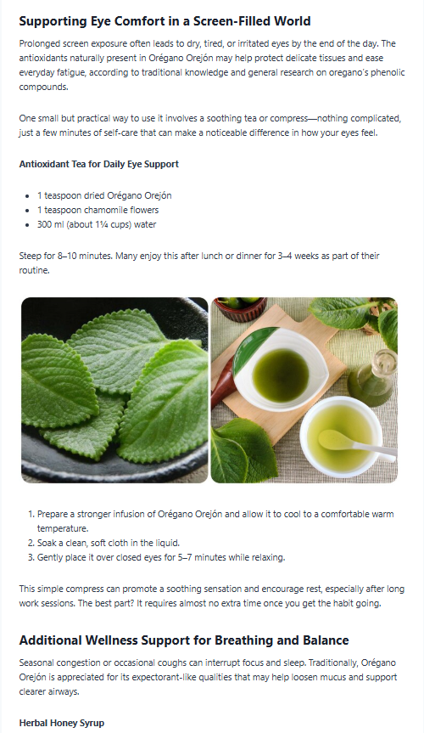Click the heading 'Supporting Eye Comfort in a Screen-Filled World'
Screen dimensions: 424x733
point(165,21)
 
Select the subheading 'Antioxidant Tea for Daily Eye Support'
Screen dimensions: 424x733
point(99,164)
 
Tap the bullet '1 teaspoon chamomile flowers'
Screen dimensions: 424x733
point(98,210)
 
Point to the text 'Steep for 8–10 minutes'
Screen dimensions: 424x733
point(65,256)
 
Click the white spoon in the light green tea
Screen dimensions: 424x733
point(356,444)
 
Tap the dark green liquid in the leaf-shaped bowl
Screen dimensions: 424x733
point(281,375)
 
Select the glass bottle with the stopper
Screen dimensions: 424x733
point(374,377)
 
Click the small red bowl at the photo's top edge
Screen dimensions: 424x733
point(240,307)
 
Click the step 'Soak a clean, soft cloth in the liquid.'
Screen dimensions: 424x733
point(109,543)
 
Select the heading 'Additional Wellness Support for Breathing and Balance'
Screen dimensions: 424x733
point(184,640)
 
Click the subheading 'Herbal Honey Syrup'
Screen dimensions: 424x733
point(62,723)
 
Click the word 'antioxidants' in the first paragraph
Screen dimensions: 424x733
point(43,58)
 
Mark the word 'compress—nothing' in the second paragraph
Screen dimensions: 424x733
point(304,118)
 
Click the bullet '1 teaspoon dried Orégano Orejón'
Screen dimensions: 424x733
point(104,195)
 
